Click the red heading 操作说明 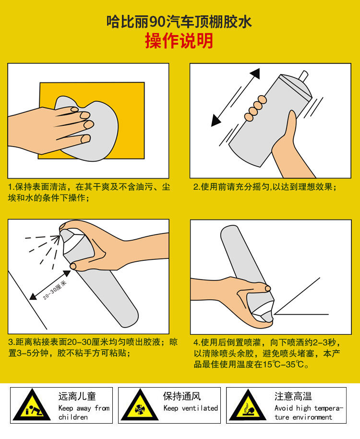click(x=179, y=41)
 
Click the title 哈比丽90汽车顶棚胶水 click(x=179, y=22)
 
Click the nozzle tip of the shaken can click(x=303, y=75)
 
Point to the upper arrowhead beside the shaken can click(x=255, y=73)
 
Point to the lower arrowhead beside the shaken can click(x=216, y=121)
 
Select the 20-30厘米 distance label click(x=55, y=290)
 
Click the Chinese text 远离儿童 click(x=77, y=396)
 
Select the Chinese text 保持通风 click(x=182, y=396)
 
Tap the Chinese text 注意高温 click(x=293, y=396)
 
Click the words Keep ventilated click(x=191, y=408)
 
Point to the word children click(x=73, y=417)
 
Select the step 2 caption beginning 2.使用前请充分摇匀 click(x=264, y=187)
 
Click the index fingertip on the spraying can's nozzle click(x=63, y=225)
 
